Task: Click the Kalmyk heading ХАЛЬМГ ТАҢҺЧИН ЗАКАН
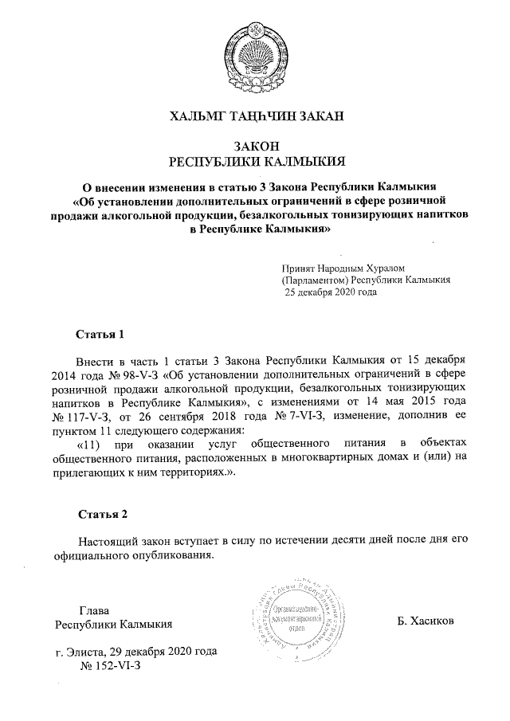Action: tap(254, 117)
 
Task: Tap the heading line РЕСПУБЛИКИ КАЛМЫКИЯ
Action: tap(254, 161)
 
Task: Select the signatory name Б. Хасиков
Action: tap(425, 621)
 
